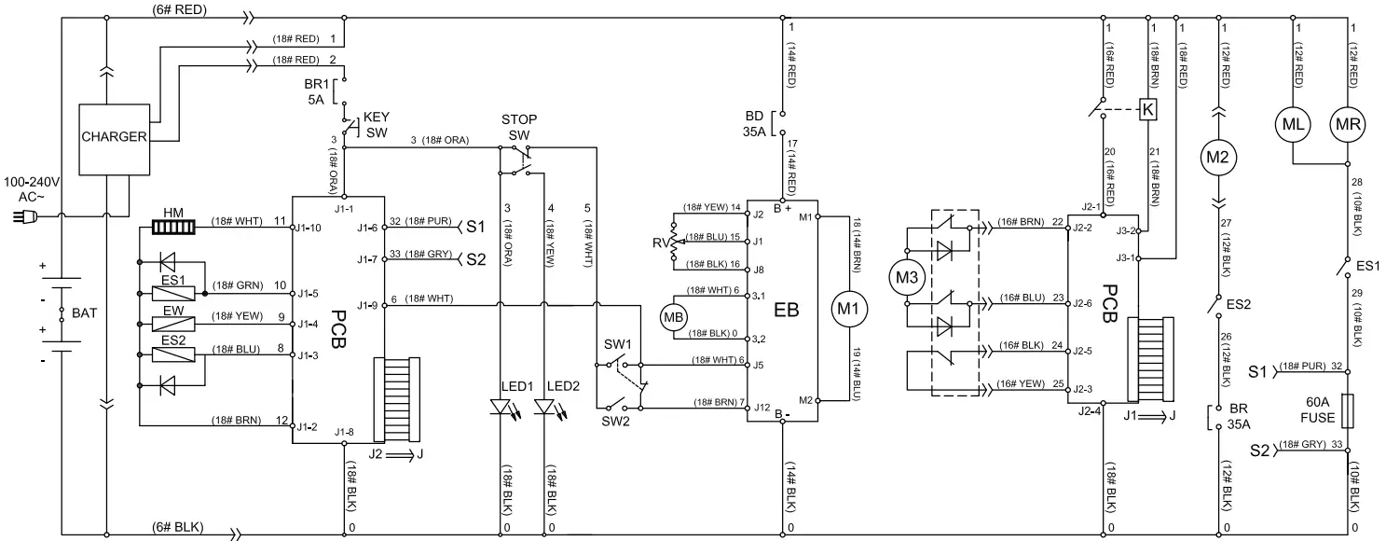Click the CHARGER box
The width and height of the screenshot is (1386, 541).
click(x=113, y=136)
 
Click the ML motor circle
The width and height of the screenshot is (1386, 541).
click(x=1293, y=124)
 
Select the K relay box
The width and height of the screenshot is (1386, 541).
click(x=1148, y=109)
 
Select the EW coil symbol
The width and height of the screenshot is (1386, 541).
click(x=172, y=326)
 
